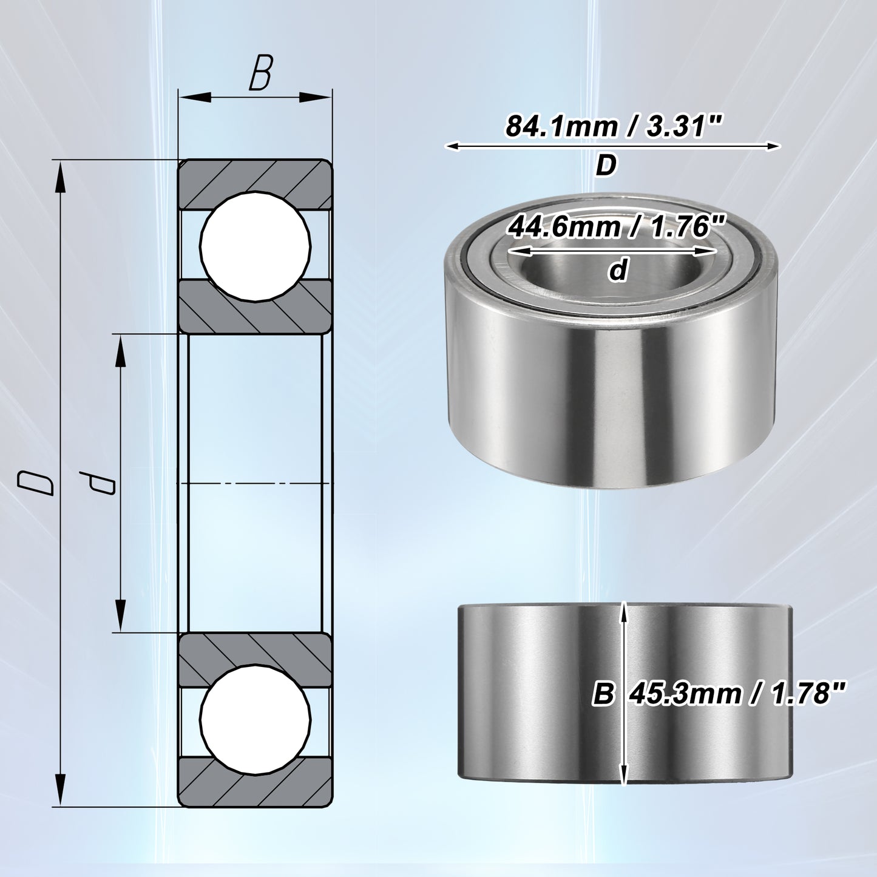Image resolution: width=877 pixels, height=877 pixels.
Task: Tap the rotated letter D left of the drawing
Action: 35,483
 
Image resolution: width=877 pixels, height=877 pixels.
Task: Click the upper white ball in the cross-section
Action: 256,246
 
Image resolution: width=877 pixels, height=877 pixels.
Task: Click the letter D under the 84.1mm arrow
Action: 606,166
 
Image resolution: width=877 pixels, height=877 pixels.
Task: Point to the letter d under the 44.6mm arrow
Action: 618,270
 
